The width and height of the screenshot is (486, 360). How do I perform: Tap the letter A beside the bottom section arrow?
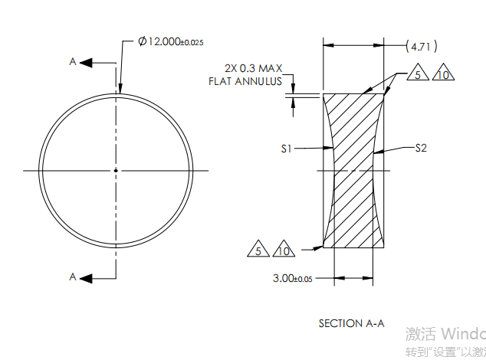coord(73,277)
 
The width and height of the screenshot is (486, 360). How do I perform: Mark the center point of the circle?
coord(116,170)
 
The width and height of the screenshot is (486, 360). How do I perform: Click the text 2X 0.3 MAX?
coord(251,68)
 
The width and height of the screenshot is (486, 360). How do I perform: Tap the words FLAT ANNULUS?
coord(245,81)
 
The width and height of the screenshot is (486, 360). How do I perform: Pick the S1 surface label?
coord(286,149)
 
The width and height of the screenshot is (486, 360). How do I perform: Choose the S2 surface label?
coord(420,148)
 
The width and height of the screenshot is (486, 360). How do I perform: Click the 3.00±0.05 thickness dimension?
coord(293,279)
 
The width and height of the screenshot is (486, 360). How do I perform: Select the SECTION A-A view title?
coord(351,323)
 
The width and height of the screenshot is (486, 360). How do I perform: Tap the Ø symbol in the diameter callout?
coord(143,41)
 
